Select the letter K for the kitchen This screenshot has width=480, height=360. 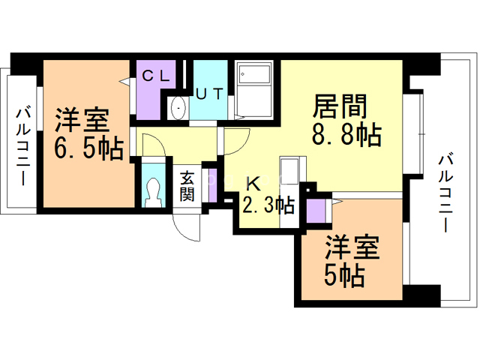[x=254, y=182]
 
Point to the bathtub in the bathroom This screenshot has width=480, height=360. [x=256, y=74]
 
